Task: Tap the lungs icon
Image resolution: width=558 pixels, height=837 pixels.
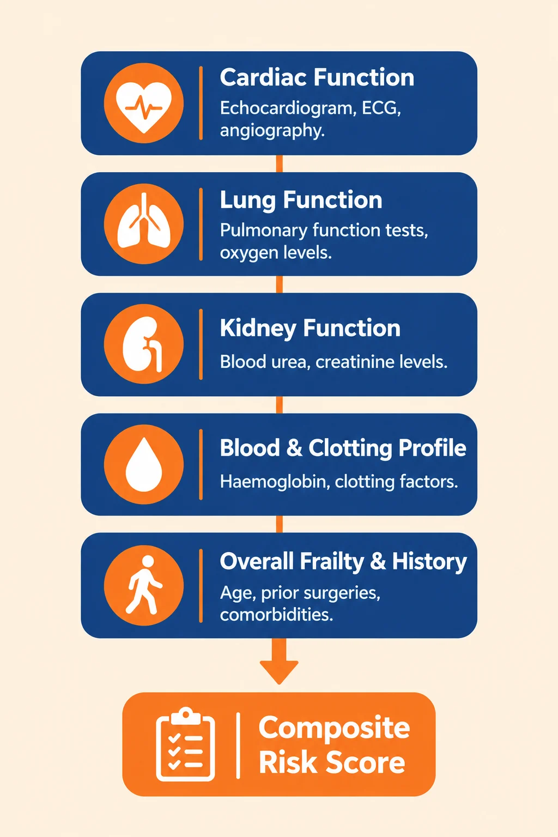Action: pyautogui.click(x=144, y=221)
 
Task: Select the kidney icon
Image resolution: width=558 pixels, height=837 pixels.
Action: pyautogui.click(x=143, y=344)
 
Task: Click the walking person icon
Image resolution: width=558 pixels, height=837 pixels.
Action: pyautogui.click(x=144, y=585)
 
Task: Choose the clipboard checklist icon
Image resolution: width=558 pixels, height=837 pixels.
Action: pyautogui.click(x=185, y=744)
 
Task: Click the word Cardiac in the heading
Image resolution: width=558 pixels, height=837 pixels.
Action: pyautogui.click(x=264, y=77)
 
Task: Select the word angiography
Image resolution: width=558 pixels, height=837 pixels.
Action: pyautogui.click(x=272, y=131)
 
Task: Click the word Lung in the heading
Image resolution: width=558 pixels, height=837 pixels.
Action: pyautogui.click(x=248, y=201)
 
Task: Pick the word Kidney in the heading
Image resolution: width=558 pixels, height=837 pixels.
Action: pyautogui.click(x=258, y=329)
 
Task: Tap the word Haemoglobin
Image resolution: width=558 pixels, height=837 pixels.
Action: pyautogui.click(x=275, y=482)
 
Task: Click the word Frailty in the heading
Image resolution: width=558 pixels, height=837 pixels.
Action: pyautogui.click(x=332, y=562)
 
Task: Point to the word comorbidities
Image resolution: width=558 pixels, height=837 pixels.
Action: pyautogui.click(x=277, y=614)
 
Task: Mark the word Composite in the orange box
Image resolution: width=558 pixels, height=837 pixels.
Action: pyautogui.click(x=334, y=727)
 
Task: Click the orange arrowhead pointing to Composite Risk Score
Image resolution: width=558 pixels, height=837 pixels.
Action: pyautogui.click(x=279, y=672)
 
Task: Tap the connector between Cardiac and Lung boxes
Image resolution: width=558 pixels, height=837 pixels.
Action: pyautogui.click(x=279, y=163)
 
